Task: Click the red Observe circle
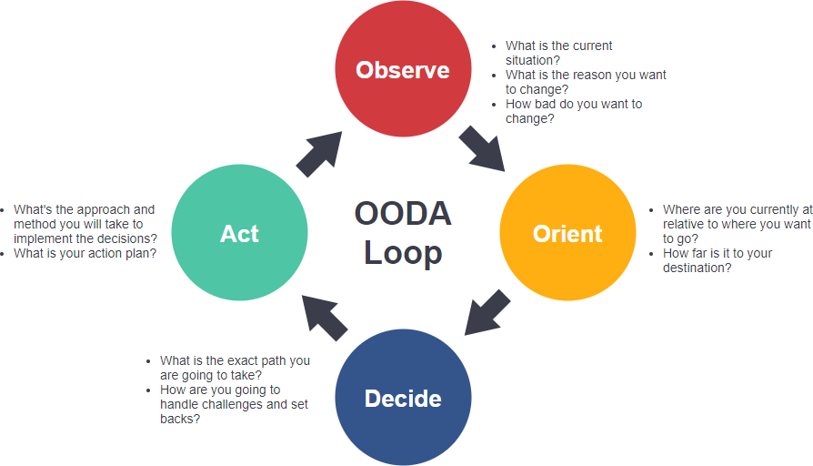(x=403, y=70)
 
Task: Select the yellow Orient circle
(x=567, y=234)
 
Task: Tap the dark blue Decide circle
(x=403, y=399)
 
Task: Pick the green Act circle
(x=239, y=234)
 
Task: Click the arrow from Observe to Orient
(x=482, y=148)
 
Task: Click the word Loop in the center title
(x=403, y=253)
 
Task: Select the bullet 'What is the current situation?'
(x=558, y=53)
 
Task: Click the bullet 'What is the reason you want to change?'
(x=585, y=82)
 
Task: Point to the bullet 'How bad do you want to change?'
(x=573, y=111)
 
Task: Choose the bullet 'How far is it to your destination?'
(x=717, y=260)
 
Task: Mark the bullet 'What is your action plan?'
(x=85, y=254)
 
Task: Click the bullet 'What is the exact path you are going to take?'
(x=234, y=368)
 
